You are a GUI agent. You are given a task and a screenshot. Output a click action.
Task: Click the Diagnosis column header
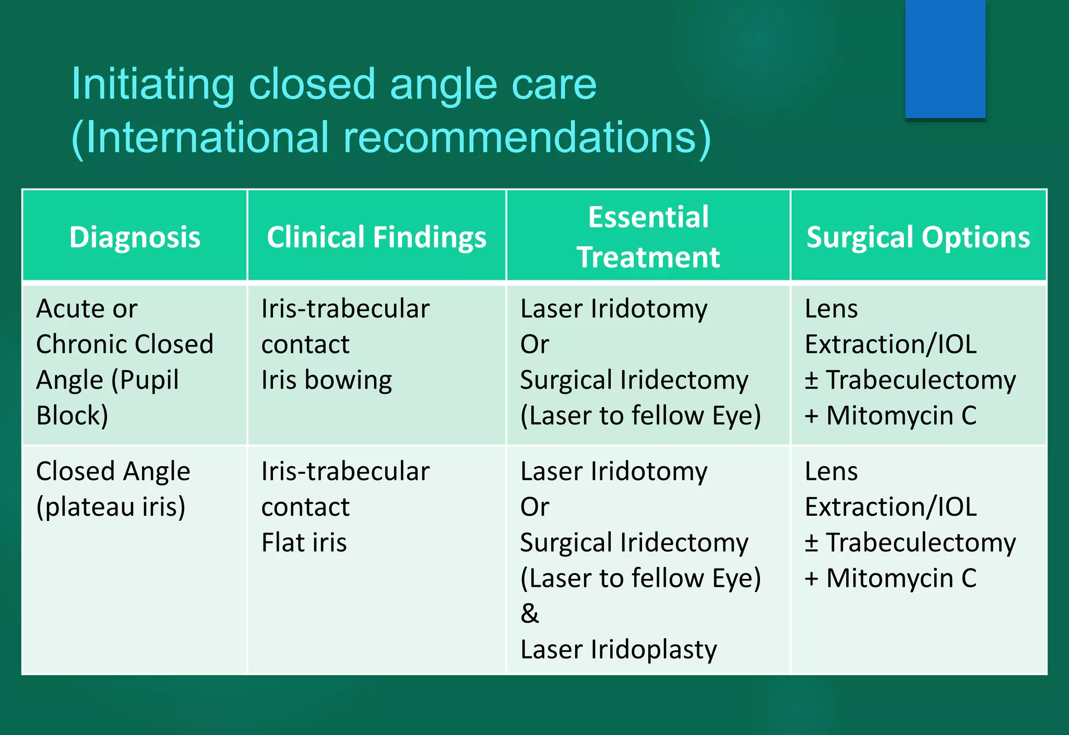(135, 238)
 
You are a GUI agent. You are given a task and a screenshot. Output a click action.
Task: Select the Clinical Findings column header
(376, 238)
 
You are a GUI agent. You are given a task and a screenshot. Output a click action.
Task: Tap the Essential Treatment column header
(648, 238)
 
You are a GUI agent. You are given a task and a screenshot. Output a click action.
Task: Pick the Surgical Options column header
(918, 238)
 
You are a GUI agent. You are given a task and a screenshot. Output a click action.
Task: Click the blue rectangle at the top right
(945, 58)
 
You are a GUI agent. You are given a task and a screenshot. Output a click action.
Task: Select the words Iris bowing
(326, 380)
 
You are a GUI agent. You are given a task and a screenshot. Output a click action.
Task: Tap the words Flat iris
(304, 542)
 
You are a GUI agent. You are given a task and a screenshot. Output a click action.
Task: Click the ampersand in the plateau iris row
(529, 613)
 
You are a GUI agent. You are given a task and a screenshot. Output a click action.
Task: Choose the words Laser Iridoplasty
(619, 649)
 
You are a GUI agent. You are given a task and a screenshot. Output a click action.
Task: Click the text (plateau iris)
(111, 507)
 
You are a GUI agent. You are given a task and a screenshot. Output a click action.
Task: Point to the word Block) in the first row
(72, 416)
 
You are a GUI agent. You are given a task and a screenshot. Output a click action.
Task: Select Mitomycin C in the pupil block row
(901, 416)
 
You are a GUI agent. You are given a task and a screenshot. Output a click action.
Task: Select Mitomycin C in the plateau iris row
(901, 578)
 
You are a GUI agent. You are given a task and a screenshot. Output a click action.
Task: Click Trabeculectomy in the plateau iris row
(921, 542)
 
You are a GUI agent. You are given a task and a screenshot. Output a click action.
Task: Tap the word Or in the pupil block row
(534, 345)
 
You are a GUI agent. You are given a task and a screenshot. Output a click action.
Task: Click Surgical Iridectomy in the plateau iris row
(634, 542)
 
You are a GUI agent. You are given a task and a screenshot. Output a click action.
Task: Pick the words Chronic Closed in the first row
(125, 345)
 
